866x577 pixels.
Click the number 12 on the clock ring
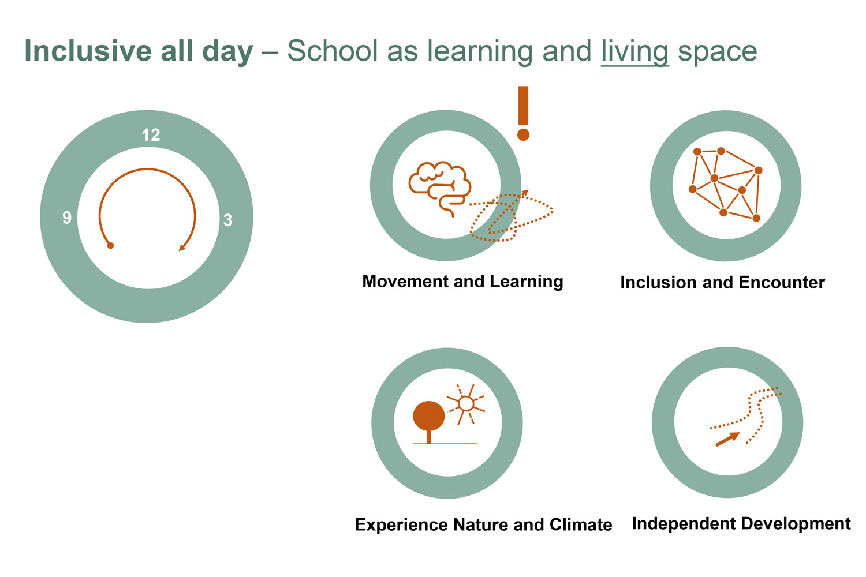(151, 135)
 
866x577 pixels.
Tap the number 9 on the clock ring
(67, 218)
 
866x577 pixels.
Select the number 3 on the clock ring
(228, 220)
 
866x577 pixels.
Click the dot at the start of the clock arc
(111, 245)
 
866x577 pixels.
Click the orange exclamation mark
(523, 113)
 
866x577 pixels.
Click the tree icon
(429, 422)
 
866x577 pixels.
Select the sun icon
(466, 404)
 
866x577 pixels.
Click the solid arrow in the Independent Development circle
(727, 440)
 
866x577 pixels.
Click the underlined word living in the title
(635, 51)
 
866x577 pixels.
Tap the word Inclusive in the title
(88, 50)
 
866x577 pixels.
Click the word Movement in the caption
(405, 282)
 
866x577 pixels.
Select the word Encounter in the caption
(782, 283)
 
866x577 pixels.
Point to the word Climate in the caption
(581, 525)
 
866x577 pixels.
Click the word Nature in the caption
(481, 525)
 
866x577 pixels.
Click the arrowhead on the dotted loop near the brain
(525, 193)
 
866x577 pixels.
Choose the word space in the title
(718, 52)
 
